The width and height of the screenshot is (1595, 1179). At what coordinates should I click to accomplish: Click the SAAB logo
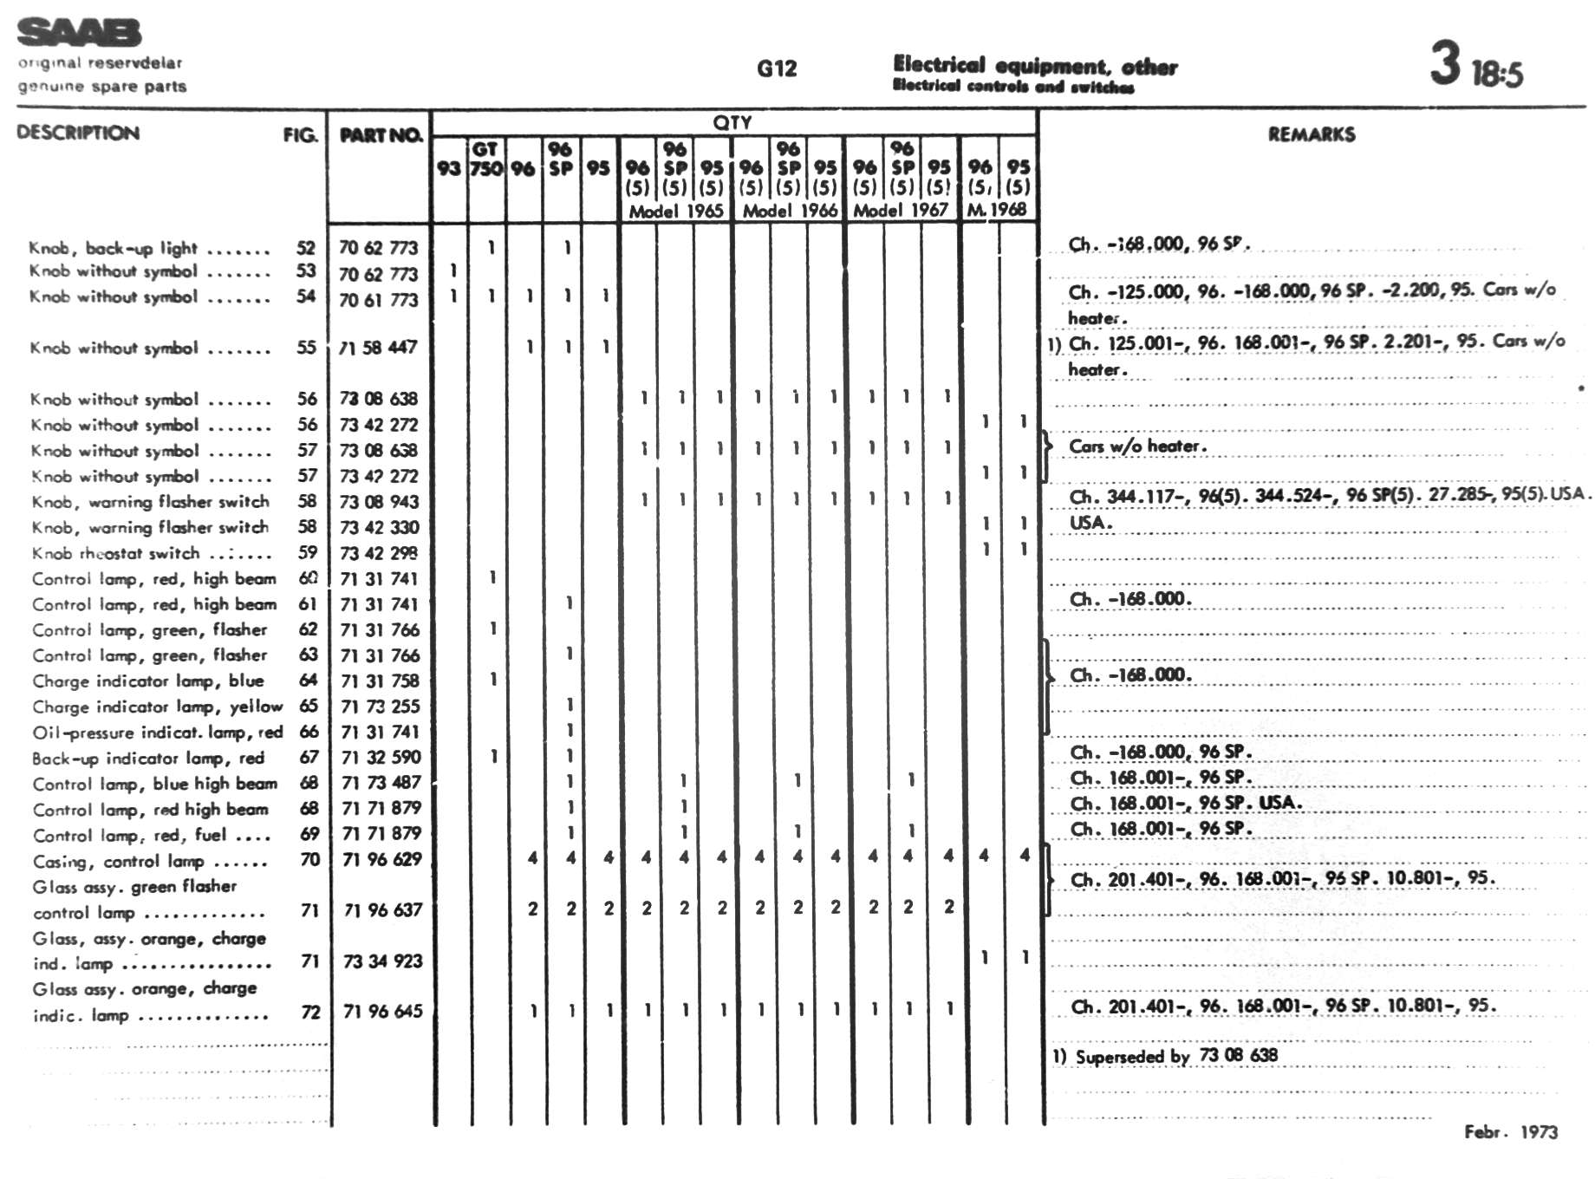[x=79, y=33]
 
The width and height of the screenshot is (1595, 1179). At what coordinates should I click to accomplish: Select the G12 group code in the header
[x=776, y=68]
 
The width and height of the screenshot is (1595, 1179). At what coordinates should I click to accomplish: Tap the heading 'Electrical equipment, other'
[x=1035, y=66]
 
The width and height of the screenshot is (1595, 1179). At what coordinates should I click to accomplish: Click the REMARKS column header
[x=1311, y=134]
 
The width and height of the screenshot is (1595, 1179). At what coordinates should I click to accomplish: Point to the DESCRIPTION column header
[x=78, y=133]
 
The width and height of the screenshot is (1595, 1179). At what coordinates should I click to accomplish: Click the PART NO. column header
[x=381, y=135]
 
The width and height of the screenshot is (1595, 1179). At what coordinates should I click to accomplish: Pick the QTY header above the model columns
[x=732, y=122]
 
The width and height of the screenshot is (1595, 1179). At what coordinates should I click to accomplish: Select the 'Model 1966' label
[x=790, y=211]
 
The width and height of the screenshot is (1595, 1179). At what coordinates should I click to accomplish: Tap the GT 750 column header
[x=485, y=159]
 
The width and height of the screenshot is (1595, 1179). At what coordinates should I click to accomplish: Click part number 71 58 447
[x=379, y=348]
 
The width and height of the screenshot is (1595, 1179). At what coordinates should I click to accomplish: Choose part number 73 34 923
[x=382, y=961]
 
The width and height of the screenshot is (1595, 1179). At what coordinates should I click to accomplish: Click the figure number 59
[x=308, y=552]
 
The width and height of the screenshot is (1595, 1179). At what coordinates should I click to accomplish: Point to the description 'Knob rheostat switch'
[x=116, y=553]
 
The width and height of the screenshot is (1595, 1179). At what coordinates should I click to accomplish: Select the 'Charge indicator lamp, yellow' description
[x=158, y=707]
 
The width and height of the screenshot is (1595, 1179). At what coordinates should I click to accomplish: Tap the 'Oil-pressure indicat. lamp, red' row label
[x=158, y=733]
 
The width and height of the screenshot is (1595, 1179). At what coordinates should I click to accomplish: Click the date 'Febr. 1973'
[x=1510, y=1131]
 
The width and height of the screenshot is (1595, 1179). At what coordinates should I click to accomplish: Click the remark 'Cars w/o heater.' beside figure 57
[x=1137, y=446]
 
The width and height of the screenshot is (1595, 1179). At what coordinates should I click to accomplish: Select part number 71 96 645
[x=382, y=1011]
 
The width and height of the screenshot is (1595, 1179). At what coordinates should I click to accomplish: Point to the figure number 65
[x=309, y=706]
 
